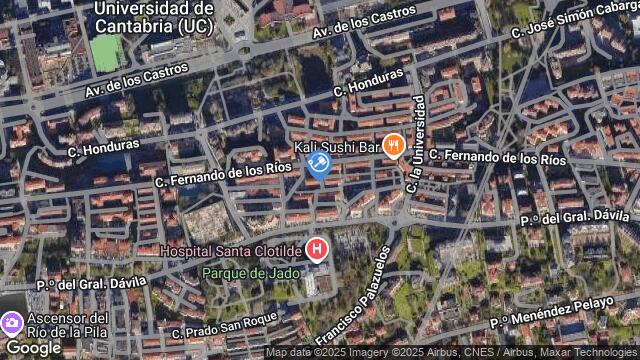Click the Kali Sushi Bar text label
click(339, 148)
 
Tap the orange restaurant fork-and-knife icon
click(394, 146)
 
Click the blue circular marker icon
click(319, 163)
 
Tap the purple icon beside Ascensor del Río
click(12, 323)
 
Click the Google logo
click(33, 347)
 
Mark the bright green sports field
click(107, 53)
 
